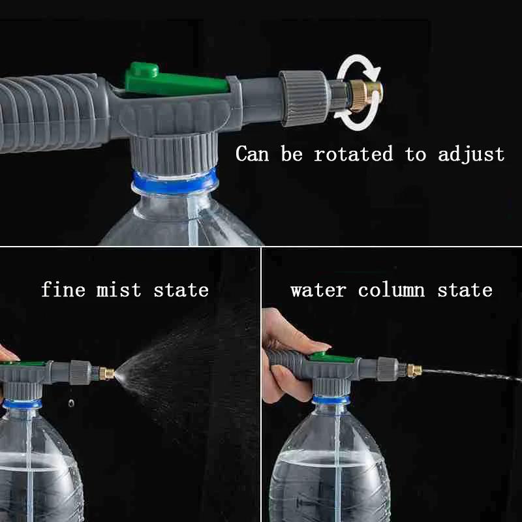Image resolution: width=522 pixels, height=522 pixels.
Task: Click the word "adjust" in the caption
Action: coord(471,155)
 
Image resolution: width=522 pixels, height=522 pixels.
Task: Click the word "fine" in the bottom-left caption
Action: coord(63,290)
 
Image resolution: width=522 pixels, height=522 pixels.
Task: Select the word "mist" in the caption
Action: coord(119,290)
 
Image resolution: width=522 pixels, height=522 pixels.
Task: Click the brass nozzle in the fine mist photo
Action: coord(106,374)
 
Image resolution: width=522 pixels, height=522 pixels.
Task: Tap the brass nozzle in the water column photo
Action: coord(414,371)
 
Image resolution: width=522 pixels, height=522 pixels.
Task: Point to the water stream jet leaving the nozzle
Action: coord(470,375)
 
